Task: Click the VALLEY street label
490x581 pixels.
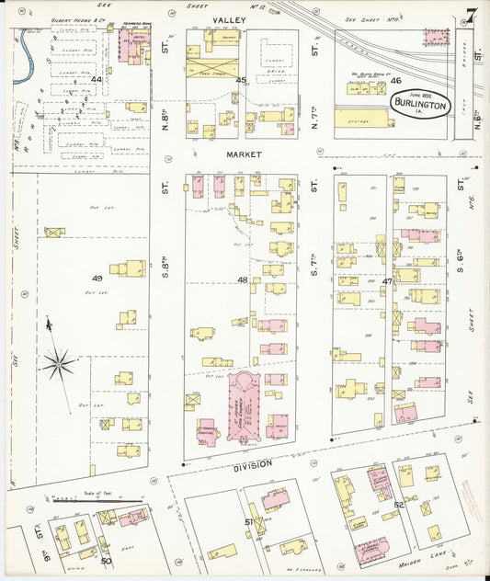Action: tap(227, 19)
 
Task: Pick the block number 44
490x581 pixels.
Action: tap(97, 81)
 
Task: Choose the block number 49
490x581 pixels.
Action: tap(97, 279)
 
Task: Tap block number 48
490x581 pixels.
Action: tap(242, 279)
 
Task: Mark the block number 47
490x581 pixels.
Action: tap(388, 280)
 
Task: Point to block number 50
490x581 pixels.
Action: tap(106, 560)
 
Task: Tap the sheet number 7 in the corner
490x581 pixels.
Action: tap(470, 16)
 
